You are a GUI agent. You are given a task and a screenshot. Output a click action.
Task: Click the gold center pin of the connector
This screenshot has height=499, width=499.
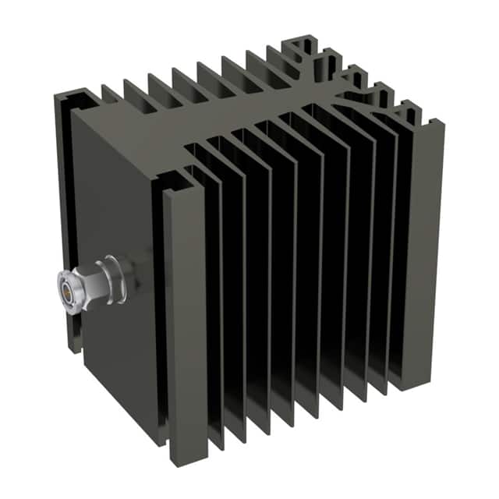[x=67, y=289]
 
